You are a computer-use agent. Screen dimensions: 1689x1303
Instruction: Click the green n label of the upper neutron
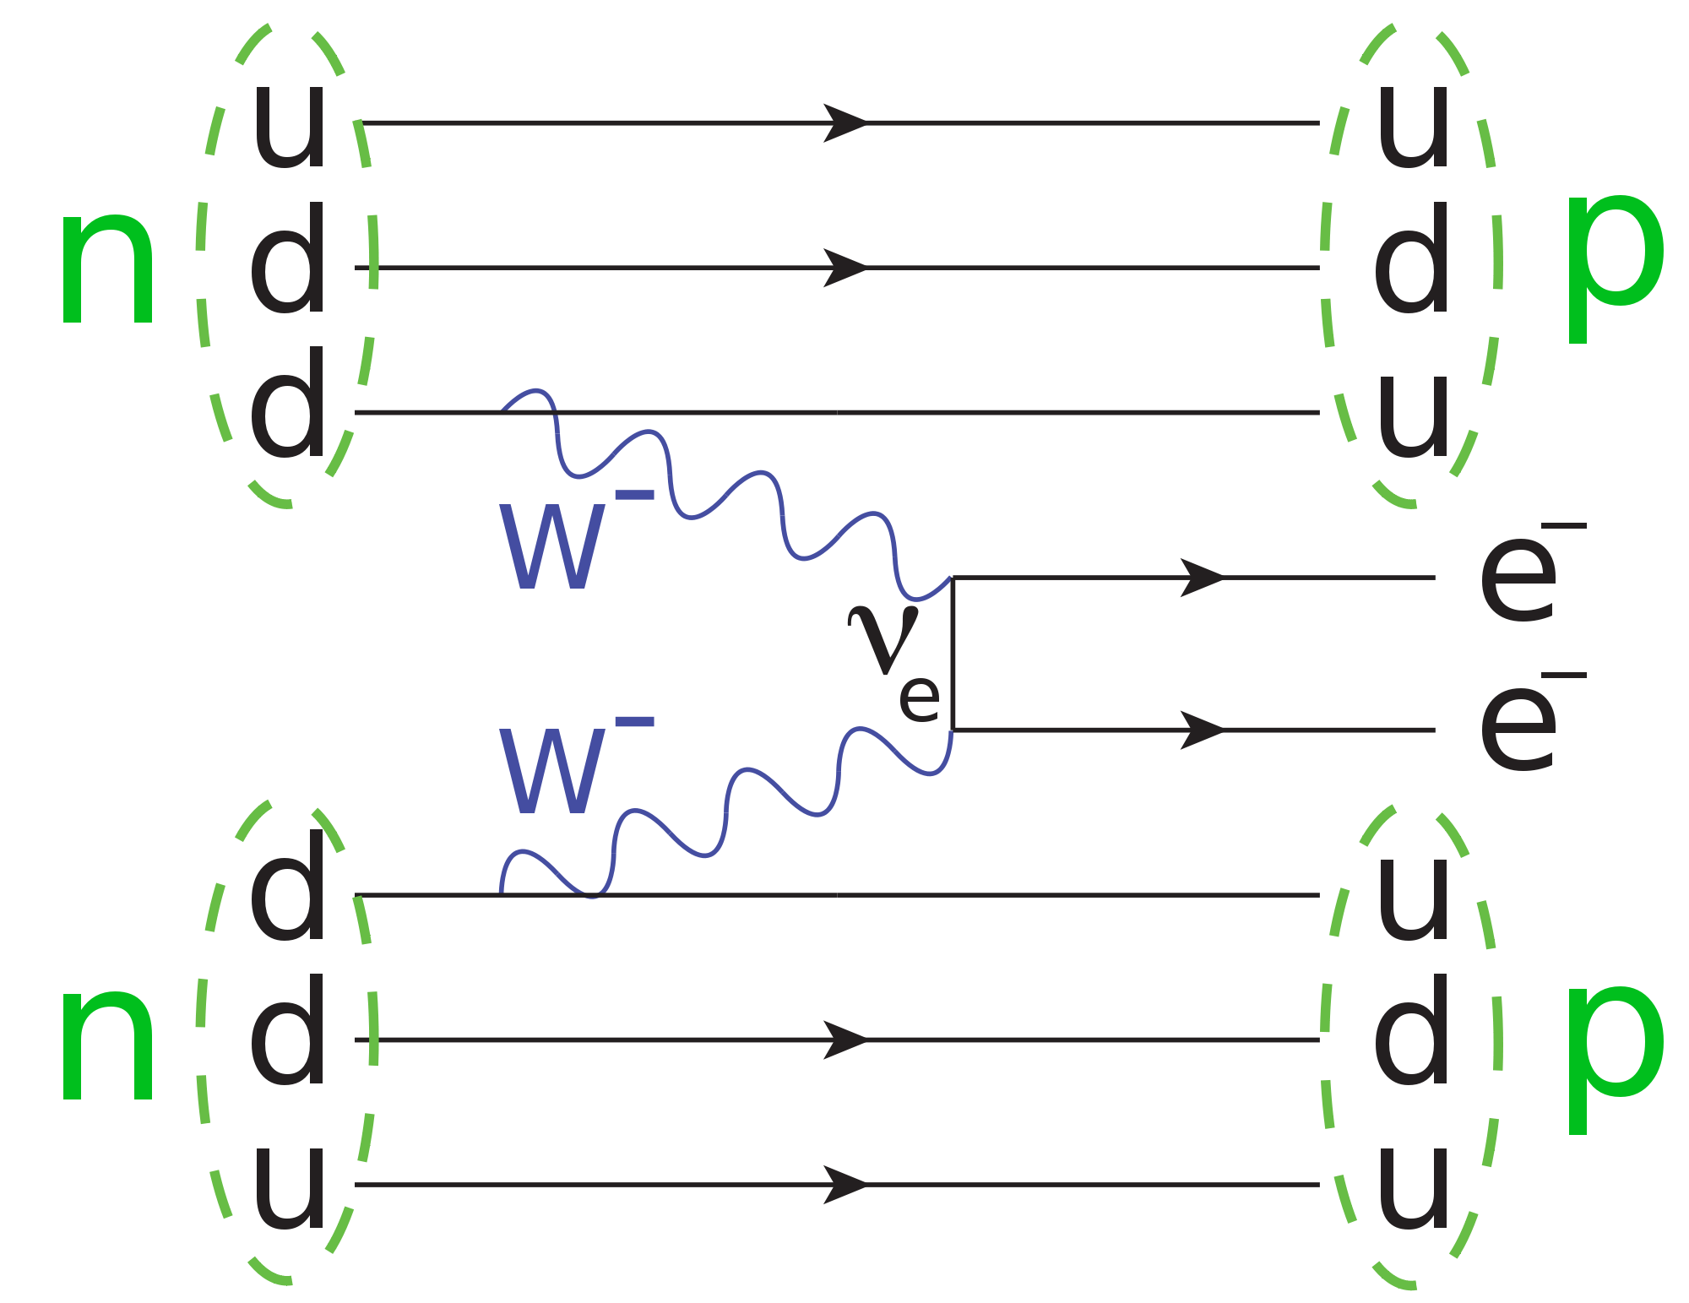pyautogui.click(x=107, y=269)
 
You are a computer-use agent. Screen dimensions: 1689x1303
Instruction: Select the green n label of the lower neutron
pyautogui.click(x=107, y=1046)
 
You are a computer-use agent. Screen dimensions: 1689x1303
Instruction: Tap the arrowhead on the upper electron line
pyautogui.click(x=1202, y=578)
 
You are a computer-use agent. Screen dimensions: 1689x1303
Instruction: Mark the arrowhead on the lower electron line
pyautogui.click(x=1202, y=730)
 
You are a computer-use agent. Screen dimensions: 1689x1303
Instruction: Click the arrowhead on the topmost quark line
pyautogui.click(x=845, y=123)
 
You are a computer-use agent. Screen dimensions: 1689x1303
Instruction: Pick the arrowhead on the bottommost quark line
pyautogui.click(x=845, y=1185)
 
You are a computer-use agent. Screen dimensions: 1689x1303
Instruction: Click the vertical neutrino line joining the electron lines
pyautogui.click(x=953, y=654)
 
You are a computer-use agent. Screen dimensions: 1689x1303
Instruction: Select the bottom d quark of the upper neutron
pyautogui.click(x=288, y=403)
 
